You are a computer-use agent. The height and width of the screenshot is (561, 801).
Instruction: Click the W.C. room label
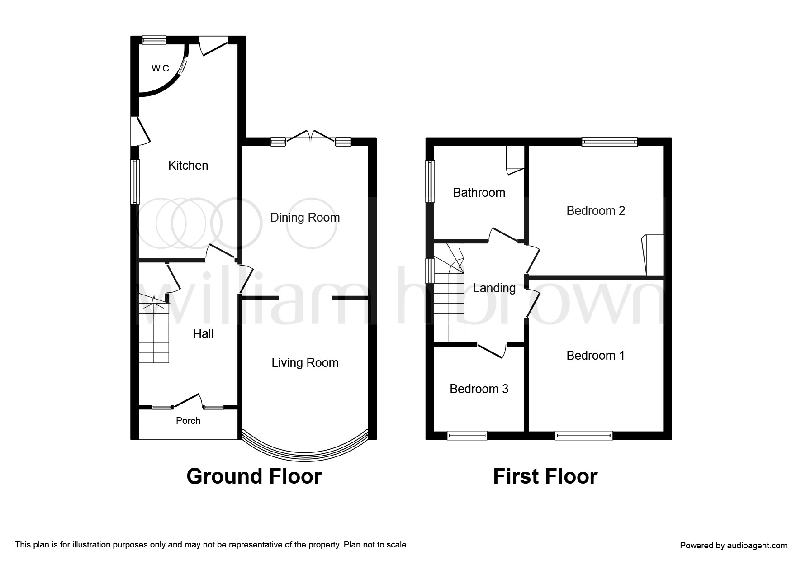(x=161, y=68)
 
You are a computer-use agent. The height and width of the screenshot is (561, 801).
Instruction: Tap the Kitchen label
(x=188, y=166)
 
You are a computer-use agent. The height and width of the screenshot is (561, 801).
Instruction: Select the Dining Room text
(x=305, y=218)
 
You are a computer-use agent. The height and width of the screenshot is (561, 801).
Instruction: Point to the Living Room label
(x=305, y=363)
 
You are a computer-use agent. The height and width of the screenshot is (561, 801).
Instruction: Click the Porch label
(x=188, y=421)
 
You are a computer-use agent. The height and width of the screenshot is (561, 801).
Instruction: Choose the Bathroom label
(x=479, y=193)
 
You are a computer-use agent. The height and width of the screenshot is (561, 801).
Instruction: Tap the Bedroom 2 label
(x=596, y=211)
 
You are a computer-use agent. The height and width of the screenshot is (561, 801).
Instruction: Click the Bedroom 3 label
(x=479, y=389)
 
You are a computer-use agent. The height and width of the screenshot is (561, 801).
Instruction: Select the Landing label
(x=494, y=288)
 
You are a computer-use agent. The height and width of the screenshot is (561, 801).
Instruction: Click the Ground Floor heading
(x=254, y=476)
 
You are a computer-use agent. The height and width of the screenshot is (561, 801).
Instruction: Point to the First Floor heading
(x=545, y=476)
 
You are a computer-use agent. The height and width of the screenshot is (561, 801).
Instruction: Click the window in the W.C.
(x=154, y=40)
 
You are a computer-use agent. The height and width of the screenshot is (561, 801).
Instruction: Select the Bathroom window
(x=431, y=181)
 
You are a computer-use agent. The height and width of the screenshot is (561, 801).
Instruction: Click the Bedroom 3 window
(x=467, y=436)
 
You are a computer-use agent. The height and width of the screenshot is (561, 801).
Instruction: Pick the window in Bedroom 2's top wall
(x=609, y=142)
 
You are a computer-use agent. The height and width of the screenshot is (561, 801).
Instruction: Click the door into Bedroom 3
(x=492, y=350)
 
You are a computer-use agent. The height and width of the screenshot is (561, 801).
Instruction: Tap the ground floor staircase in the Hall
(x=154, y=329)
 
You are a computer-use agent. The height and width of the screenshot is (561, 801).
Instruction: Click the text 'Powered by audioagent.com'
(x=734, y=546)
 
